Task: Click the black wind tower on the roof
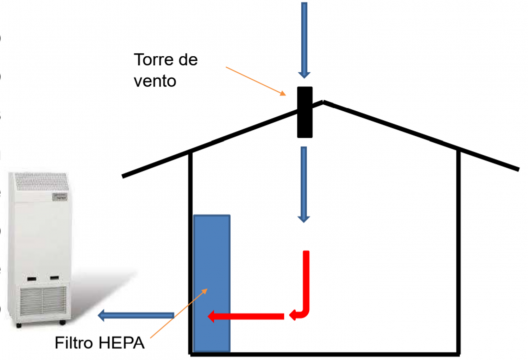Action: (305, 112)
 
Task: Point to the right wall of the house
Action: (458, 249)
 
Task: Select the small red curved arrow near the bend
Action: (296, 317)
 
